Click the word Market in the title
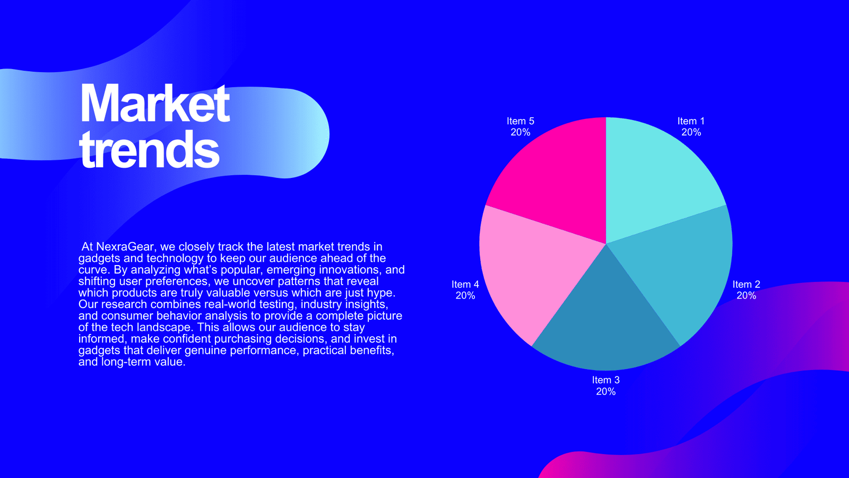point(155,103)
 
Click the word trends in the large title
point(149,149)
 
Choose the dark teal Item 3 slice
point(605,322)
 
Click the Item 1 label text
point(691,121)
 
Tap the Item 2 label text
point(746,284)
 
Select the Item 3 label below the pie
point(605,380)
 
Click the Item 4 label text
point(465,284)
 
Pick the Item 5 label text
point(521,121)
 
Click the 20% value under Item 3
point(605,391)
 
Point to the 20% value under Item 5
point(521,132)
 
